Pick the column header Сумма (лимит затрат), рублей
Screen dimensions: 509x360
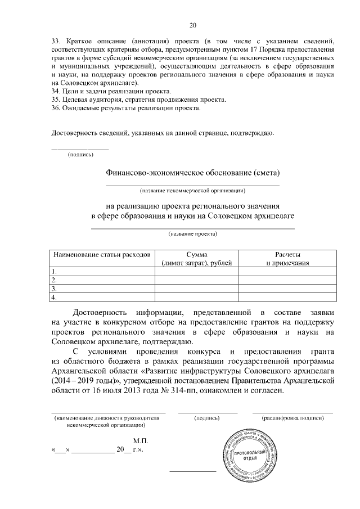pos(196,259)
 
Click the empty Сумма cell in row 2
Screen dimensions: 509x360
pos(196,280)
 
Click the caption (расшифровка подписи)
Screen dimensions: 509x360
pos(293,418)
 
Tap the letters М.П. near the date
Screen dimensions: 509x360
pos(140,442)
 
